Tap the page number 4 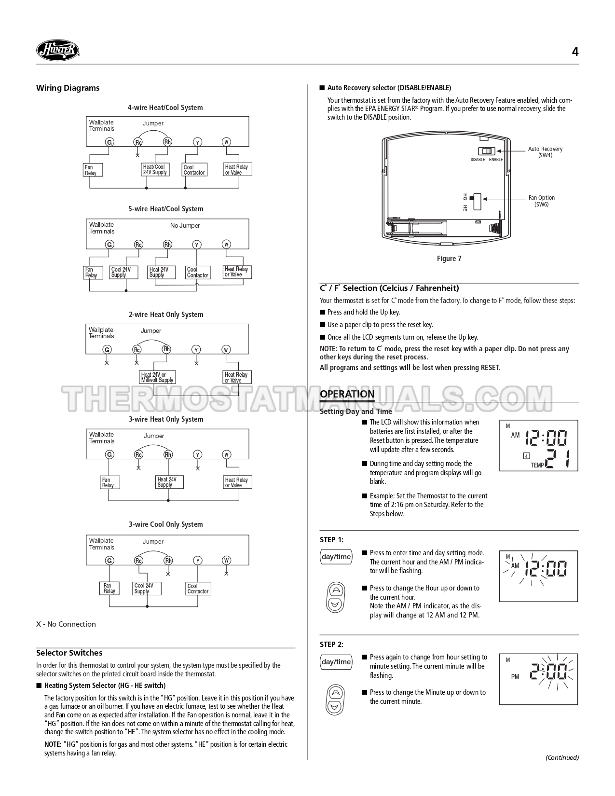pyautogui.click(x=574, y=52)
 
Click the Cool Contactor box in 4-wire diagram pyautogui.click(x=194, y=170)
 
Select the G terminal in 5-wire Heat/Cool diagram pyautogui.click(x=109, y=245)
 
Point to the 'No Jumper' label pyautogui.click(x=185, y=226)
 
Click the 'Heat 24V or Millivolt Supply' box pyautogui.click(x=157, y=377)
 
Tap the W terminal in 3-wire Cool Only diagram pyautogui.click(x=226, y=560)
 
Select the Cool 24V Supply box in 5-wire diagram pyautogui.click(x=123, y=273)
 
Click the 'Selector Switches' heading pyautogui.click(x=69, y=653)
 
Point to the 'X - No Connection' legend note pyautogui.click(x=66, y=624)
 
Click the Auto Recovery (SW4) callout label pyautogui.click(x=545, y=152)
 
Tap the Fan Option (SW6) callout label pyautogui.click(x=541, y=201)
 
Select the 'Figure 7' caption pyautogui.click(x=449, y=259)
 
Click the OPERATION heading pyautogui.click(x=347, y=394)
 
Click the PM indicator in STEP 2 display pyautogui.click(x=515, y=677)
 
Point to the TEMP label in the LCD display pyautogui.click(x=537, y=465)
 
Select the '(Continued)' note pyautogui.click(x=562, y=757)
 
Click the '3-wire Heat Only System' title pyautogui.click(x=165, y=419)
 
